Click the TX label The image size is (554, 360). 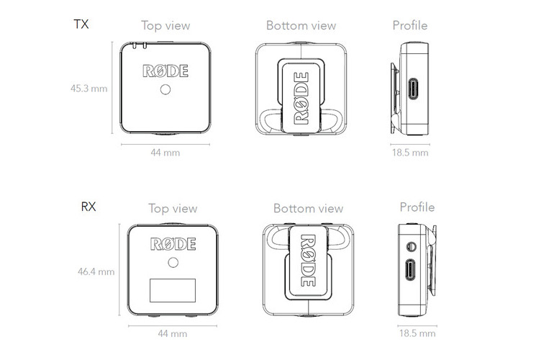point(81,24)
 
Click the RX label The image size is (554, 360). point(88,207)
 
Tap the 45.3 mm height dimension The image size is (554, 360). point(88,89)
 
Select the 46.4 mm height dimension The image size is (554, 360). point(96,271)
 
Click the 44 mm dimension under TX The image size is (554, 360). point(165,153)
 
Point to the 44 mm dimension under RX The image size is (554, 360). point(173,333)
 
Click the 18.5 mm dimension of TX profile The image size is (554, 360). point(410,153)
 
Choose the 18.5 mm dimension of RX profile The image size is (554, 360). point(417,333)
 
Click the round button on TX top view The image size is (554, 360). point(165,89)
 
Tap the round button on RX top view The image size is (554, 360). point(173,262)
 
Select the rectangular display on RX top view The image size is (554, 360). point(173,290)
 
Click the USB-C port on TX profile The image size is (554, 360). point(413,89)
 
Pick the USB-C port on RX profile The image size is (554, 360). point(410,270)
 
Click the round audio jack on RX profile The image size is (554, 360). point(411,246)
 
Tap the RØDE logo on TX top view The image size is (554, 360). point(165,71)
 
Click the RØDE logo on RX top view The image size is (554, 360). point(173,244)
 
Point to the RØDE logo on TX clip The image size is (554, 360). point(301,99)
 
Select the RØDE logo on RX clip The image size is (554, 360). point(308,260)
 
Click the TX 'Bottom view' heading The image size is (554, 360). point(301,25)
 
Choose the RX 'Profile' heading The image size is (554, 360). point(417,207)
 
